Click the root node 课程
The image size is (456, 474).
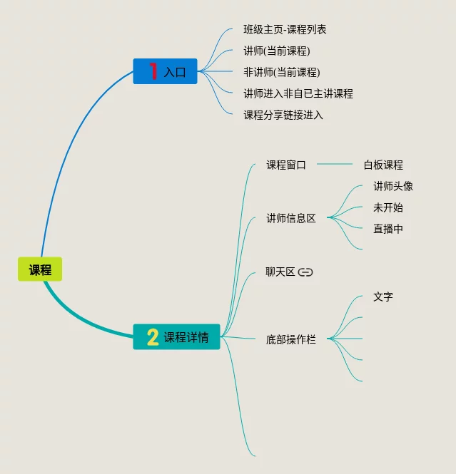[40, 269]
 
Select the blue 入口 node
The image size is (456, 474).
[165, 71]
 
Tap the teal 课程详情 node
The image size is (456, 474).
[176, 336]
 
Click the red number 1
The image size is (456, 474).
[152, 71]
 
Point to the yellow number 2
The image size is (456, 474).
[152, 337]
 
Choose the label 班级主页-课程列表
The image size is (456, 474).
[285, 30]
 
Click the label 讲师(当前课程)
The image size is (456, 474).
[277, 51]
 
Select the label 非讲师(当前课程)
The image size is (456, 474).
[281, 72]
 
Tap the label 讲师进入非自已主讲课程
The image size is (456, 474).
[298, 93]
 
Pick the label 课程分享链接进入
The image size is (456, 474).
[283, 115]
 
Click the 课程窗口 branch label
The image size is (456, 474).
[286, 165]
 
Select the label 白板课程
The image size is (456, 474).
[383, 165]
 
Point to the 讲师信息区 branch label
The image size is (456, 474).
[291, 218]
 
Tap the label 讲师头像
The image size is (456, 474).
[393, 186]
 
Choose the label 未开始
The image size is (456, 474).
[388, 207]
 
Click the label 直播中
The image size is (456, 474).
[388, 229]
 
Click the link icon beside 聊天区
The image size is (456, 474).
[305, 272]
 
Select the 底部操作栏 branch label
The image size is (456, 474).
[291, 339]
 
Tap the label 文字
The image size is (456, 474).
[383, 297]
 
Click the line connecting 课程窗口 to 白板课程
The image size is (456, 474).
[334, 165]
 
